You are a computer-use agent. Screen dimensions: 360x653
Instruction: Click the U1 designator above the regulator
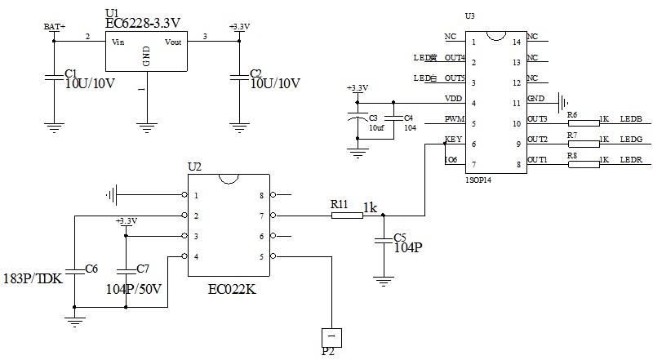point(112,12)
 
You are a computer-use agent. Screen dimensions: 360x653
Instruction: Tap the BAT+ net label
point(54,27)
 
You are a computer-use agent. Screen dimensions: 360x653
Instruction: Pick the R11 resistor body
point(347,216)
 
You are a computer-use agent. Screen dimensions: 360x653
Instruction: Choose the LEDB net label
point(631,120)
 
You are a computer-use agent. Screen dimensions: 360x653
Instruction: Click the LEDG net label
point(631,140)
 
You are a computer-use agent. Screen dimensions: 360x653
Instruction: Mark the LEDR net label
point(631,161)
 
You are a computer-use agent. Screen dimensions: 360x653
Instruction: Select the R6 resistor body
point(583,120)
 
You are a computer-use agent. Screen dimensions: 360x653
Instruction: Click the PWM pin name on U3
point(454,119)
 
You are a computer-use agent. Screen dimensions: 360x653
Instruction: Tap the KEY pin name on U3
point(453,140)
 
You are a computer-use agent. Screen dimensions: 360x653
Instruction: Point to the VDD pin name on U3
point(454,99)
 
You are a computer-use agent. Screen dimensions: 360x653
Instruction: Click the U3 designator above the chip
point(469,16)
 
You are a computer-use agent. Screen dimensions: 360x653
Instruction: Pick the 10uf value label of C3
point(376,128)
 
